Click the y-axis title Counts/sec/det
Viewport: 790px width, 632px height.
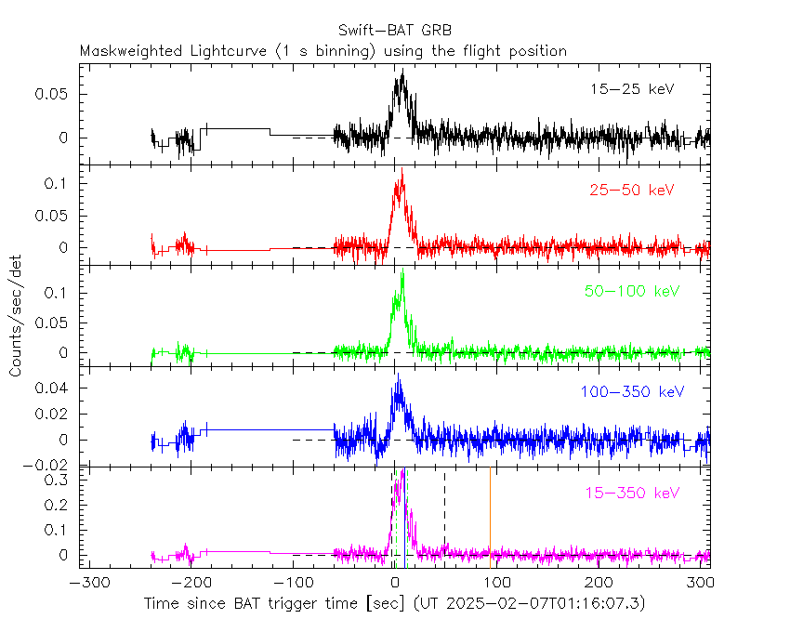(16, 315)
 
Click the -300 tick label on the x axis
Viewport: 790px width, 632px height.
(86, 583)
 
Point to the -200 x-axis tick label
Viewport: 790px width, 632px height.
(189, 583)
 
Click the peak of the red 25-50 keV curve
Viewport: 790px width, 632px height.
(402, 170)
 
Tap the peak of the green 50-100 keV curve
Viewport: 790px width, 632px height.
(402, 272)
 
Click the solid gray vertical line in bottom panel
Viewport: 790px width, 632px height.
(490, 516)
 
